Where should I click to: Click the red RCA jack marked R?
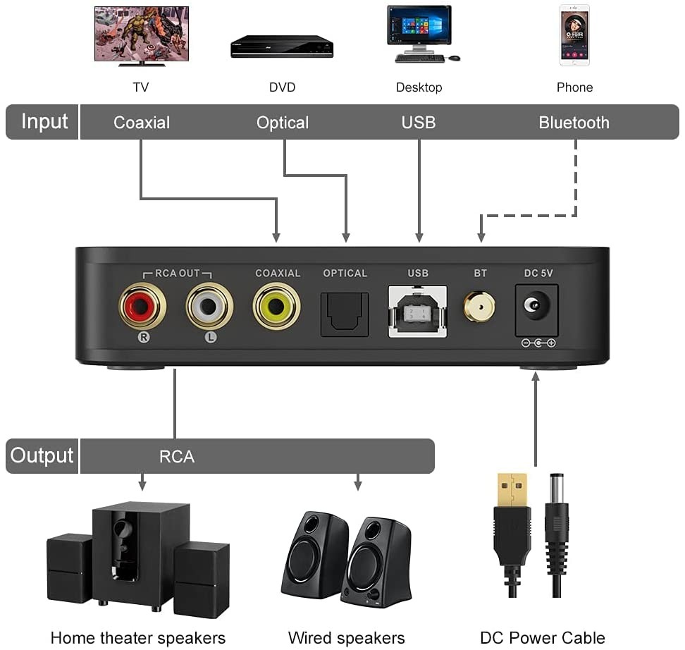(x=142, y=306)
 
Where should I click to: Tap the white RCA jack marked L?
(x=210, y=306)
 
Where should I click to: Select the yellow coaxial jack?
(x=277, y=306)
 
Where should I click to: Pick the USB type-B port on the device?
(x=417, y=311)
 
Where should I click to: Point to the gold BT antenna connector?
(x=479, y=307)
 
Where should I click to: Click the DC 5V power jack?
(x=537, y=309)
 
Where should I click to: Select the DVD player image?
(x=282, y=47)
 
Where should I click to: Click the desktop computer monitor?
(x=419, y=28)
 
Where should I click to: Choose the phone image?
(x=574, y=35)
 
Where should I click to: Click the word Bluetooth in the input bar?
(x=574, y=123)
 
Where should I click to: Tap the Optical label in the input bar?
(x=283, y=123)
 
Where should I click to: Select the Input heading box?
(x=44, y=122)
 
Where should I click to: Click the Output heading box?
(x=42, y=455)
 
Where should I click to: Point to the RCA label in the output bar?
(x=176, y=457)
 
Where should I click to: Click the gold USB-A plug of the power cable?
(x=512, y=489)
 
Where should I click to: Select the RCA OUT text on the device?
(x=177, y=274)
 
